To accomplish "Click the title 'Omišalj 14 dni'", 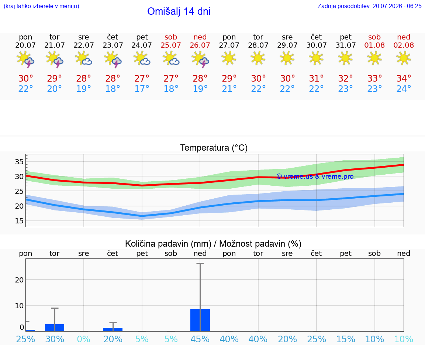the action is (179, 11).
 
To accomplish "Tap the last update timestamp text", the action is (369, 6).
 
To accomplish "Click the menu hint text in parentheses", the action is (41, 6).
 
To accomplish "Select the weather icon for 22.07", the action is (83, 59).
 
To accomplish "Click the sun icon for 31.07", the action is (345, 58).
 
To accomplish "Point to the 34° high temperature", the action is (404, 78).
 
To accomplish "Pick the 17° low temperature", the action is (142, 89).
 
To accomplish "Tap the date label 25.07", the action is (171, 45).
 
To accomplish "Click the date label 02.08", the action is (404, 45).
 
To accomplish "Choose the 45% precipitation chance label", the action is (200, 339).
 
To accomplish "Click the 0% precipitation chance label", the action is (83, 339).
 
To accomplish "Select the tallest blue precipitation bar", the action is (200, 320).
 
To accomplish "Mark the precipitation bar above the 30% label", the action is (55, 328).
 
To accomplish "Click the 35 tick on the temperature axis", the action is (19, 162).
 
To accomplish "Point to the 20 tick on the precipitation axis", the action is (19, 280).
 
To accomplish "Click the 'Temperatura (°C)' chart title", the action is (214, 148).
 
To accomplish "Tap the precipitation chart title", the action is (213, 244).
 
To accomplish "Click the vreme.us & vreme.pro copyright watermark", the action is (315, 176).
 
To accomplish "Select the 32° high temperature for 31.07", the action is (345, 78).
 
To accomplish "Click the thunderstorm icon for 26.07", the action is (200, 59).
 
